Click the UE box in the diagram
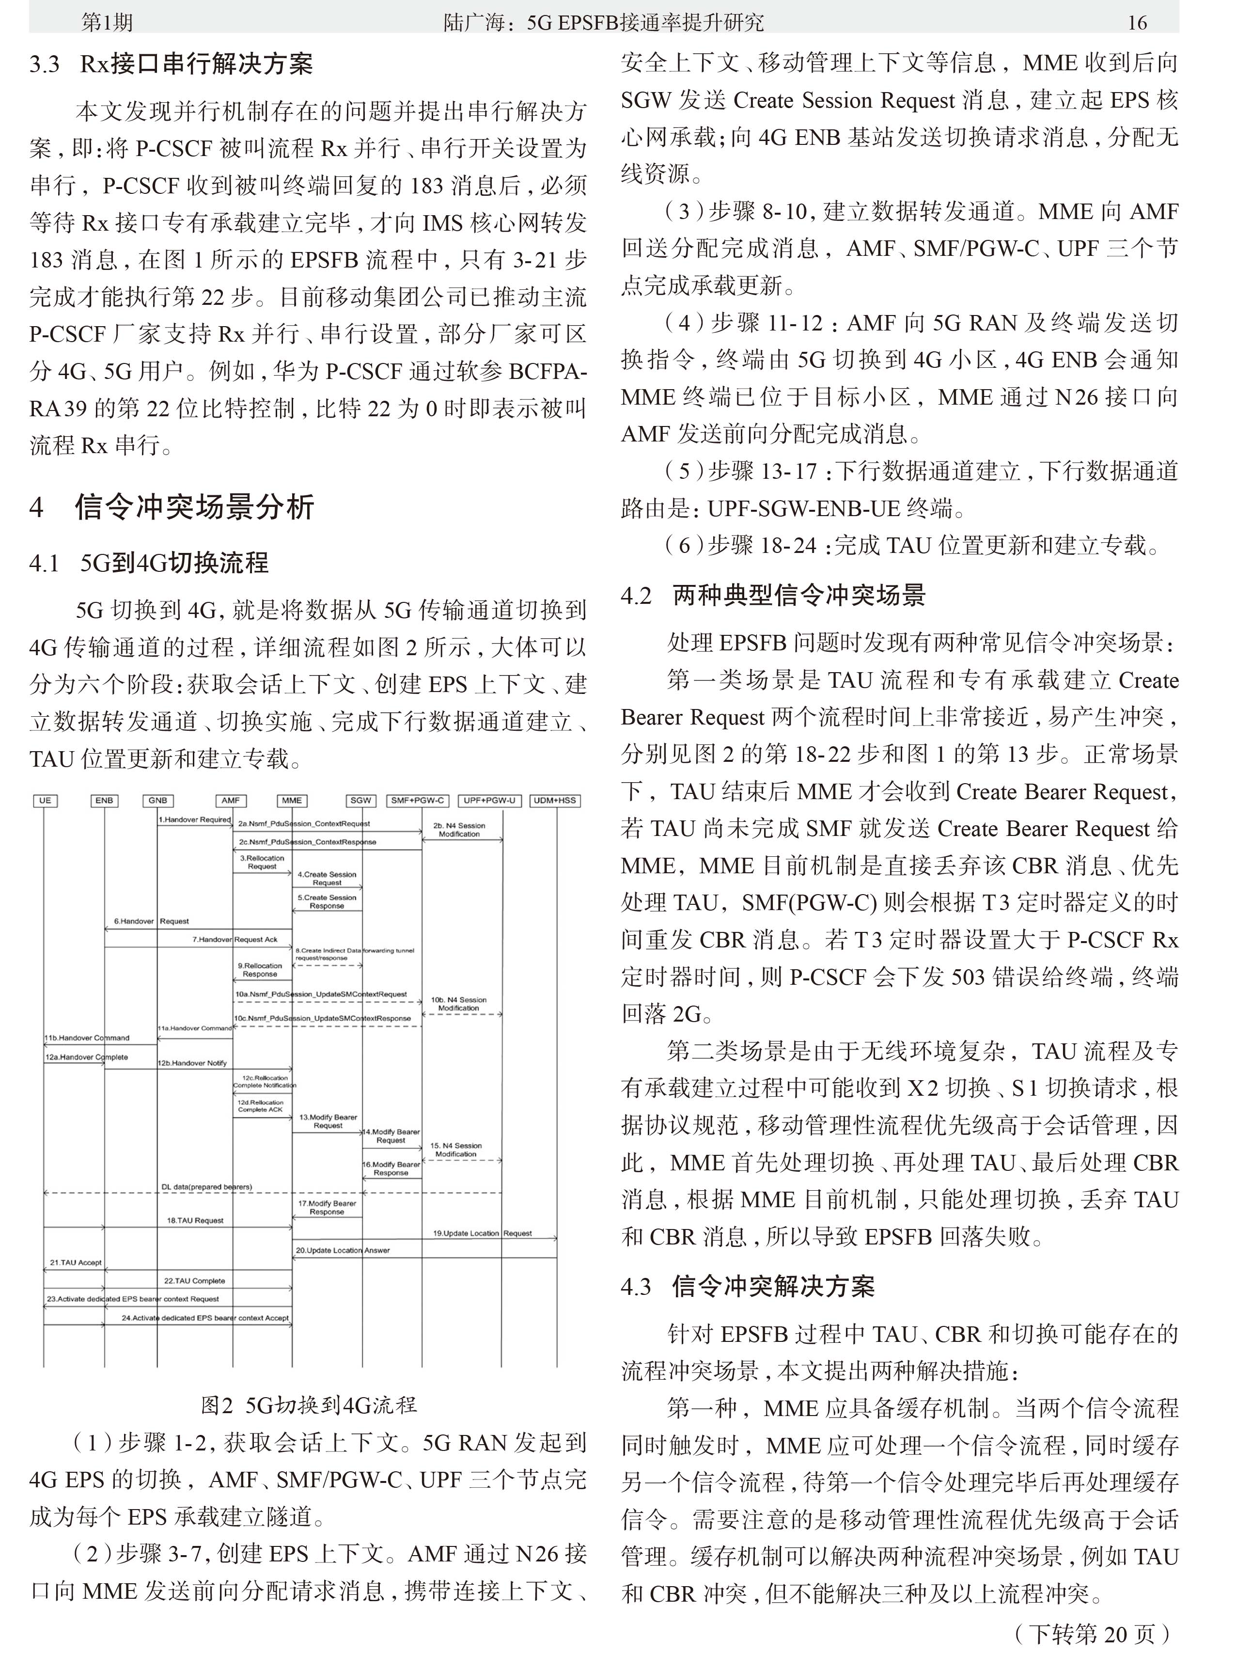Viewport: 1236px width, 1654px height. pyautogui.click(x=45, y=800)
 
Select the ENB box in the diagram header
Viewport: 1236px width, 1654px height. pyautogui.click(x=104, y=800)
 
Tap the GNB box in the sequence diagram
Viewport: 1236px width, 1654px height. pyautogui.click(x=158, y=800)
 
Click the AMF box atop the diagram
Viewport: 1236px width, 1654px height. pyautogui.click(x=230, y=800)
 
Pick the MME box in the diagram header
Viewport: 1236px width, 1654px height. pyautogui.click(x=292, y=800)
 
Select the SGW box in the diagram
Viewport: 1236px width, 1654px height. pyautogui.click(x=360, y=800)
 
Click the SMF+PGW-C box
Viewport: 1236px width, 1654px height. pyautogui.click(x=417, y=800)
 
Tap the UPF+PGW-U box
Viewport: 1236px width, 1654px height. pyautogui.click(x=489, y=800)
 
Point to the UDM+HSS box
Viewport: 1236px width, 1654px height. pyautogui.click(x=555, y=800)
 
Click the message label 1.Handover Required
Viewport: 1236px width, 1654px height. pyautogui.click(x=194, y=819)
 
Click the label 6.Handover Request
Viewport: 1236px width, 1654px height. pyautogui.click(x=151, y=921)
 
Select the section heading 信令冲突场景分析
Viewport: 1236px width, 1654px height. pyautogui.click(x=194, y=507)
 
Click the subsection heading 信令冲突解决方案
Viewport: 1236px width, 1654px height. pyautogui.click(x=773, y=1286)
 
